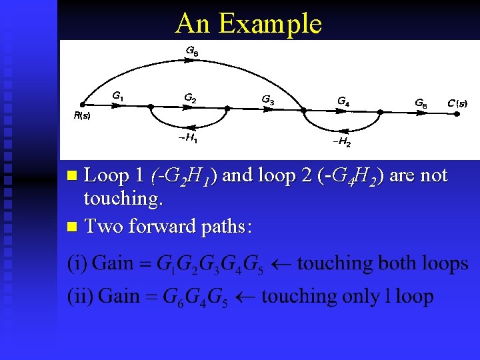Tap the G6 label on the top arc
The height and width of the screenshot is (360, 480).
pos(192,51)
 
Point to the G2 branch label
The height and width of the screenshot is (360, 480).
pos(190,99)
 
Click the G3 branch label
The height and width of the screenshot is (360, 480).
pos(267,100)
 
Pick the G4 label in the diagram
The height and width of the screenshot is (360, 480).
pos(343,102)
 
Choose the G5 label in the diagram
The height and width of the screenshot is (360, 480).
pos(421,103)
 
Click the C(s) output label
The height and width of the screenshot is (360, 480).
pos(457,103)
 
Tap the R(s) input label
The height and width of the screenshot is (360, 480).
pos(81,115)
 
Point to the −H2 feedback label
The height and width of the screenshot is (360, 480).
pos(341,142)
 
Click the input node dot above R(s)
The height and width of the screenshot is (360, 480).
pos(81,105)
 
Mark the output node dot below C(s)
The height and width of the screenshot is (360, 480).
pos(457,113)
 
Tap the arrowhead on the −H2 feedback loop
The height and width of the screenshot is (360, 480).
pos(342,130)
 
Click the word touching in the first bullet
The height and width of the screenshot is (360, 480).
pos(125,199)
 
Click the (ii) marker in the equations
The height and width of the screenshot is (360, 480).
pos(78,296)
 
